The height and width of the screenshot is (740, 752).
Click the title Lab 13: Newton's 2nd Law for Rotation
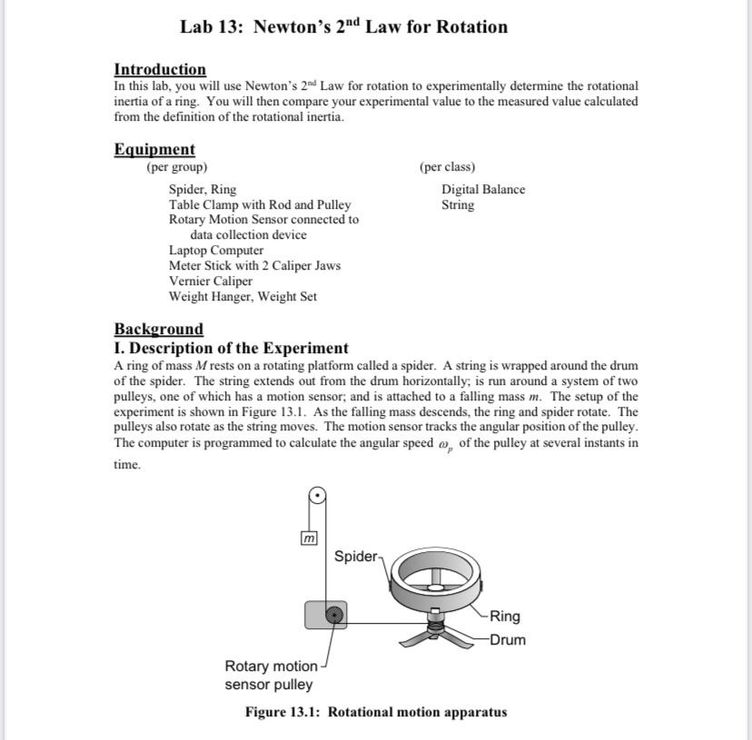pyautogui.click(x=343, y=26)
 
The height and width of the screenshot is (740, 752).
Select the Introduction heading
pyautogui.click(x=160, y=69)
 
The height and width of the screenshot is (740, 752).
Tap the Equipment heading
pyautogui.click(x=154, y=149)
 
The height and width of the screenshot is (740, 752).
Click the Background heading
pyautogui.click(x=159, y=329)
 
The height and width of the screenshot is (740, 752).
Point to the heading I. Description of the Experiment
pyautogui.click(x=231, y=348)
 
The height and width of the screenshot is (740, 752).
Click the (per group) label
pyautogui.click(x=177, y=167)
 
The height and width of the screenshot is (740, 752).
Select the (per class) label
pyautogui.click(x=447, y=167)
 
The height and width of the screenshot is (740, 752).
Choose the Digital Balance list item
pyautogui.click(x=483, y=189)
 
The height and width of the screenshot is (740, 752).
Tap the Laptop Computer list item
pyautogui.click(x=216, y=250)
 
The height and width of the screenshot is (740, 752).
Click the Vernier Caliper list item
pyautogui.click(x=211, y=281)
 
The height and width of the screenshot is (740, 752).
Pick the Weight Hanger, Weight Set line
pyautogui.click(x=242, y=296)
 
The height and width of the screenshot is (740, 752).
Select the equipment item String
pyautogui.click(x=458, y=204)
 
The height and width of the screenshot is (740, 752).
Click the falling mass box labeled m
pyautogui.click(x=308, y=538)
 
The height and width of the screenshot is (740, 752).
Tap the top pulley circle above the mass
pyautogui.click(x=317, y=495)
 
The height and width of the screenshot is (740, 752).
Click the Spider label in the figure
pyautogui.click(x=356, y=556)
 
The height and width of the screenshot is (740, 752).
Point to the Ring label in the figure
pyautogui.click(x=505, y=617)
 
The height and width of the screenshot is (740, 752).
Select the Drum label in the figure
pyautogui.click(x=507, y=639)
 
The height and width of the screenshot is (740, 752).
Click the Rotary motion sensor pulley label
pyautogui.click(x=270, y=676)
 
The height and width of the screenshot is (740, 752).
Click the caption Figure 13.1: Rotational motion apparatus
pyautogui.click(x=375, y=712)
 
